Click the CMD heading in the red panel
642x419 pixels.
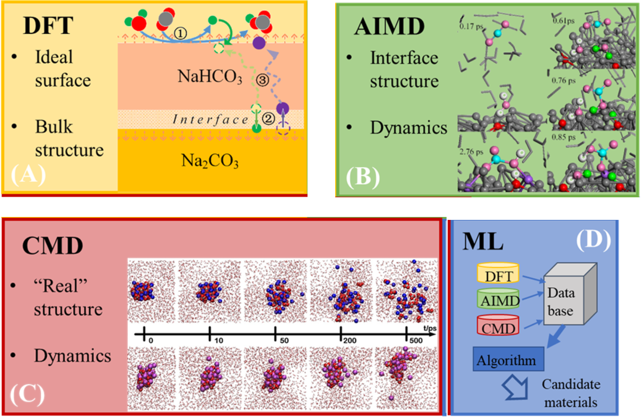[x=54, y=245]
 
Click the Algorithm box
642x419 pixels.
[x=507, y=360]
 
